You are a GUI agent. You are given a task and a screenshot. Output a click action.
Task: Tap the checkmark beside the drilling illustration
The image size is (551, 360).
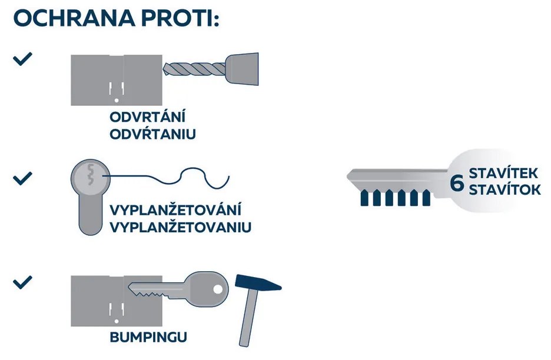(x=22, y=59)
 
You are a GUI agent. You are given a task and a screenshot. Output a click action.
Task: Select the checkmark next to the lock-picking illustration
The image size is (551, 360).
(x=22, y=178)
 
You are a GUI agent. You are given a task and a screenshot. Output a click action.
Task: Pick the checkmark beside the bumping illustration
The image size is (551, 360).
(x=22, y=282)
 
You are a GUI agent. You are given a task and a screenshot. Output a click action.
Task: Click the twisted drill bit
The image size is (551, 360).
(x=195, y=69)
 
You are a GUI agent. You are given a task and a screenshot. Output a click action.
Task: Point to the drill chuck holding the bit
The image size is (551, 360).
(x=242, y=69)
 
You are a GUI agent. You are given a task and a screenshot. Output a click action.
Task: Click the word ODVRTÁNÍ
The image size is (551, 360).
(x=147, y=116)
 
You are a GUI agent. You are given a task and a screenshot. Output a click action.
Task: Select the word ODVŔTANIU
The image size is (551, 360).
(x=152, y=134)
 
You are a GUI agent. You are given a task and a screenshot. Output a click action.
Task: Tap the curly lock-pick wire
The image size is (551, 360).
(x=165, y=178)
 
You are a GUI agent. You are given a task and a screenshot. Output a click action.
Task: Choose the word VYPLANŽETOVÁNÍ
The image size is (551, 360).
(x=175, y=210)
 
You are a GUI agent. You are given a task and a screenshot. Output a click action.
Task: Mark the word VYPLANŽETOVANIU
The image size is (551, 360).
(x=180, y=227)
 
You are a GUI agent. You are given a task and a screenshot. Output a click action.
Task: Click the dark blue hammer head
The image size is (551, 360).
(x=258, y=282)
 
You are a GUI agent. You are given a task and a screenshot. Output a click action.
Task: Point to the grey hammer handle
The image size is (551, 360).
(x=249, y=318)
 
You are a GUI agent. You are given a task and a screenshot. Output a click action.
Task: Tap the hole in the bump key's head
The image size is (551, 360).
(x=218, y=289)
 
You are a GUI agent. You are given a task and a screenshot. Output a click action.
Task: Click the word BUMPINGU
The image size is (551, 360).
(x=148, y=337)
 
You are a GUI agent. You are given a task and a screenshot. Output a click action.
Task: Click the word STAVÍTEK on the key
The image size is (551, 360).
(x=503, y=174)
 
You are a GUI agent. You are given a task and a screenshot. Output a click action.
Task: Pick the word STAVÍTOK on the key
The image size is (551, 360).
(x=504, y=189)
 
